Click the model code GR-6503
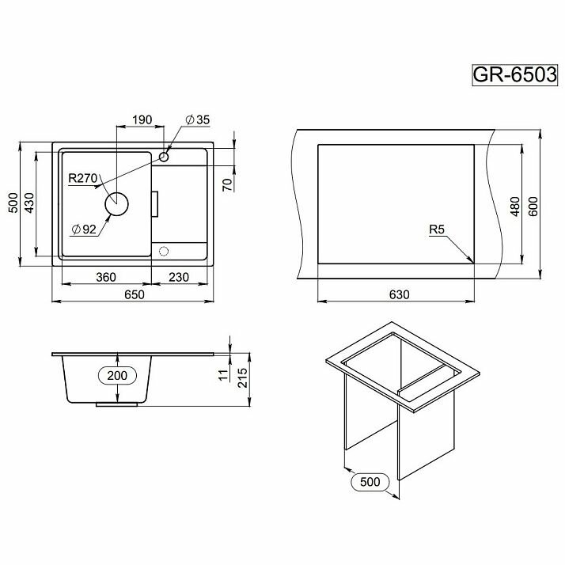(514, 75)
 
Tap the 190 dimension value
(142, 119)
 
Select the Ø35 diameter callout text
(198, 119)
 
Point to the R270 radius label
(83, 178)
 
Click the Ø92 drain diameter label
(84, 229)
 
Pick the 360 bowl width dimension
(106, 277)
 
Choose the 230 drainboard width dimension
(179, 277)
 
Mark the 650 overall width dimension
(134, 294)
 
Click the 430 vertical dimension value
(29, 203)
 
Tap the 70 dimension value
(227, 185)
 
